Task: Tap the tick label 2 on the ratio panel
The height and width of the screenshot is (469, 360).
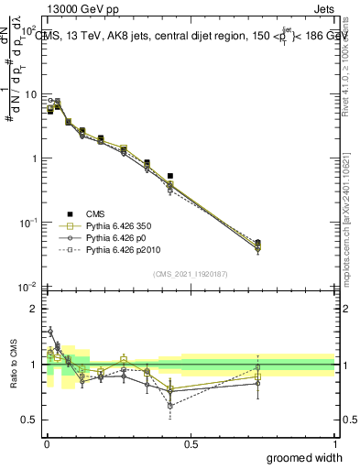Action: coord(35,309)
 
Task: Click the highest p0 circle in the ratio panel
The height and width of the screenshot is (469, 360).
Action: coord(49,332)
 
